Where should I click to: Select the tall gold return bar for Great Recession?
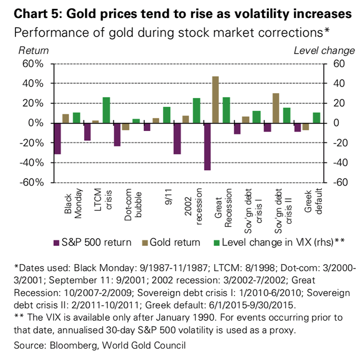(x=216, y=100)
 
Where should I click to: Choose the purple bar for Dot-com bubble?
(x=118, y=135)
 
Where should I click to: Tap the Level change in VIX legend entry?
(x=279, y=242)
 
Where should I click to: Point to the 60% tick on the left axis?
(x=32, y=64)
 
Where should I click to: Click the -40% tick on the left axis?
(x=31, y=163)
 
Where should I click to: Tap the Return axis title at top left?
(x=34, y=51)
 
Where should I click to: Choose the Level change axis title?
(x=324, y=51)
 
